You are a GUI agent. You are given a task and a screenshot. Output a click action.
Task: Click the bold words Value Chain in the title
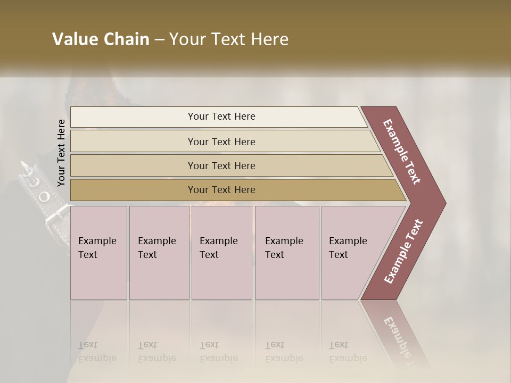pos(101,39)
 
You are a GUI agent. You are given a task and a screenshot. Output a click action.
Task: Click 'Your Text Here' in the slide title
pos(229,39)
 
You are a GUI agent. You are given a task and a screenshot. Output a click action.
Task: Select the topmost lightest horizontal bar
pos(221,116)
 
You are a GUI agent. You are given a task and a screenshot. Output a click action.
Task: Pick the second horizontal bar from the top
pos(221,141)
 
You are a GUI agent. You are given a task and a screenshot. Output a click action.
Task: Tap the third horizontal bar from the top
pos(221,165)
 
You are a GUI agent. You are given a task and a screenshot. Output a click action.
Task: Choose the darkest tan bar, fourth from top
pos(221,190)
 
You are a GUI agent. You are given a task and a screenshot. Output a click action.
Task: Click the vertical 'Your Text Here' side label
pos(61,153)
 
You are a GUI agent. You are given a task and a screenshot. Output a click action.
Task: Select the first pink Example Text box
pos(98,252)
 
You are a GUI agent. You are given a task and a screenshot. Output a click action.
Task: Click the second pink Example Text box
pos(159,252)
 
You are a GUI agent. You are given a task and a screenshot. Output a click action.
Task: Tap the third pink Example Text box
pos(221,252)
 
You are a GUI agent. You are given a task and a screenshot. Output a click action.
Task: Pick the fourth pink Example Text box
pos(286,252)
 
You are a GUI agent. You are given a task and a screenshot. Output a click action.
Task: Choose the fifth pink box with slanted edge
pos(351,252)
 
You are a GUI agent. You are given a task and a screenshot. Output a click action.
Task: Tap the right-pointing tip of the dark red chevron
pos(442,203)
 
